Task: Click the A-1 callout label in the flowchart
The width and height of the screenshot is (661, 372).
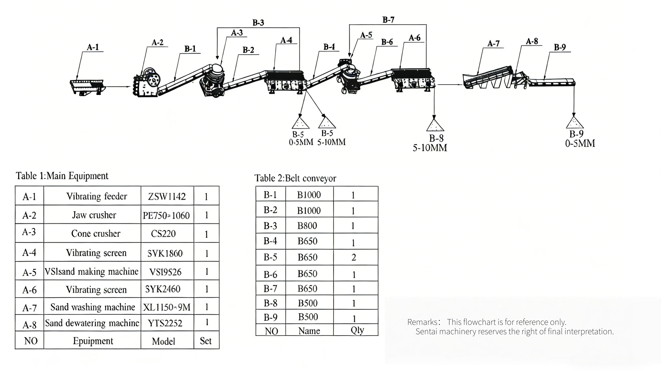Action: tap(93, 47)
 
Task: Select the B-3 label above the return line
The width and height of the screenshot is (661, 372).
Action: tap(258, 23)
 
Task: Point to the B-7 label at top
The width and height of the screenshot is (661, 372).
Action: tap(388, 20)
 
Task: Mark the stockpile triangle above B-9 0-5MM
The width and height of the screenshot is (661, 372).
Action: tap(575, 123)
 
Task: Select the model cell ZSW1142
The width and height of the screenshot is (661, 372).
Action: tap(167, 197)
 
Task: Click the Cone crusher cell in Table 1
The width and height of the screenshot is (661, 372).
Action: tap(95, 234)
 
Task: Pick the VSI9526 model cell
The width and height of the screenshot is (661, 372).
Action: tap(166, 272)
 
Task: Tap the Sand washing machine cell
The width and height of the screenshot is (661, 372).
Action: tap(93, 307)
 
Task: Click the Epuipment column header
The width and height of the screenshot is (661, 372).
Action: tap(93, 341)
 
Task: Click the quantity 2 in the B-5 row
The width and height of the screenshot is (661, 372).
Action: tap(354, 257)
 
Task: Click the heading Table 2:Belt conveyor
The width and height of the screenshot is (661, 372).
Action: tap(295, 178)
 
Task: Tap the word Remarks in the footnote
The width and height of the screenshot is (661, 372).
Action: tap(423, 322)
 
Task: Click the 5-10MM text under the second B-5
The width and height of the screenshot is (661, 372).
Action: tap(331, 142)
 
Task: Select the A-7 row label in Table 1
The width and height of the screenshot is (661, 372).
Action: tap(30, 308)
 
